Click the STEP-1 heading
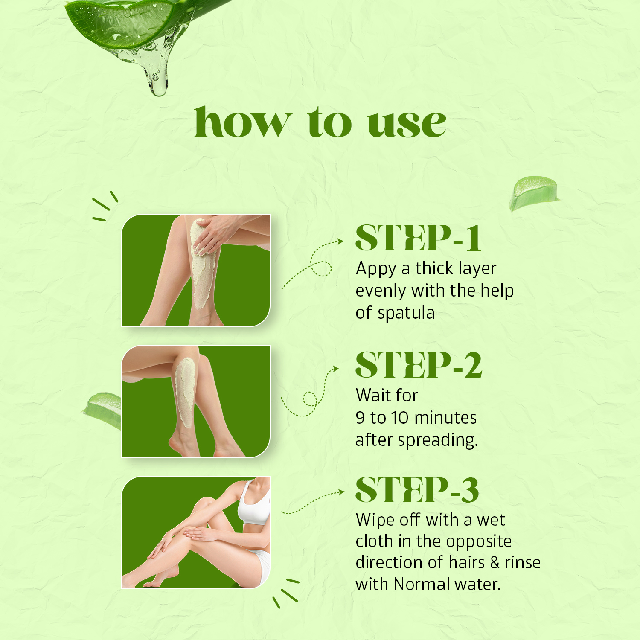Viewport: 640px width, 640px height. point(418,238)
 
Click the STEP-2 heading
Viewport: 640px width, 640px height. point(419,365)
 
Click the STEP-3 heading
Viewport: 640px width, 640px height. point(417,489)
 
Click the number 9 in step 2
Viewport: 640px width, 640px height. point(361,418)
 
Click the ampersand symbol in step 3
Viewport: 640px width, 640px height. point(495,563)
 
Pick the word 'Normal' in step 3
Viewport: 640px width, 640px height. point(416,584)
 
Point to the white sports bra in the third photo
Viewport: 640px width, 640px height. point(254,503)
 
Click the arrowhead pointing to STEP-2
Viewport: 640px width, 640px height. point(336,368)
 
